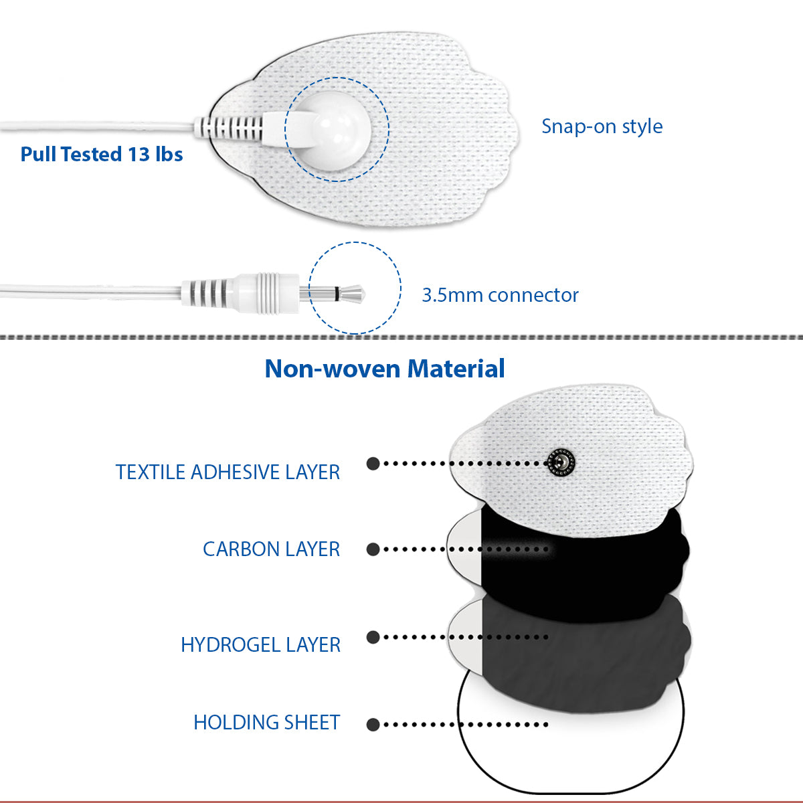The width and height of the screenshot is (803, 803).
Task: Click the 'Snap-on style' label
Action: [x=602, y=126]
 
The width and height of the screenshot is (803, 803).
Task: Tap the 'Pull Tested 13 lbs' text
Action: [x=102, y=154]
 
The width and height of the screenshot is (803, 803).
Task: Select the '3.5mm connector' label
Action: [x=500, y=295]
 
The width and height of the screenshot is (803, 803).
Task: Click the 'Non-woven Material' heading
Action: [x=385, y=368]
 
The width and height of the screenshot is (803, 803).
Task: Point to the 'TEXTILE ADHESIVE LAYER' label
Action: [x=228, y=472]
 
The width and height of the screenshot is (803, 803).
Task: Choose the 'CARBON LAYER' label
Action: [x=271, y=549]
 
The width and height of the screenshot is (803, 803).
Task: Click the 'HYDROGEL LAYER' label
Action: [x=260, y=644]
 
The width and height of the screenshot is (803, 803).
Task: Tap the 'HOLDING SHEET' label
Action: [x=267, y=722]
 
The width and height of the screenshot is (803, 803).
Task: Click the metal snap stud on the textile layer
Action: [x=561, y=462]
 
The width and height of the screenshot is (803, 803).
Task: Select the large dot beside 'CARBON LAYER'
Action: [x=373, y=549]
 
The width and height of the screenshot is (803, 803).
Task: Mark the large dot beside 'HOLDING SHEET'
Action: [x=373, y=725]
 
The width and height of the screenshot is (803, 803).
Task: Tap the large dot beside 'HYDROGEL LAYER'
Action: [x=373, y=637]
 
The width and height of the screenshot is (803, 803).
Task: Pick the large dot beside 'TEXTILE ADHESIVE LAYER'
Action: [x=373, y=463]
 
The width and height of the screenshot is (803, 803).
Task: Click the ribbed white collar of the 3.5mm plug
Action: [x=267, y=293]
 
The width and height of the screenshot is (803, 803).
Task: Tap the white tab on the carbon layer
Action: [x=464, y=549]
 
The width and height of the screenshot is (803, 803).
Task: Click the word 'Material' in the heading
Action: [x=456, y=368]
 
